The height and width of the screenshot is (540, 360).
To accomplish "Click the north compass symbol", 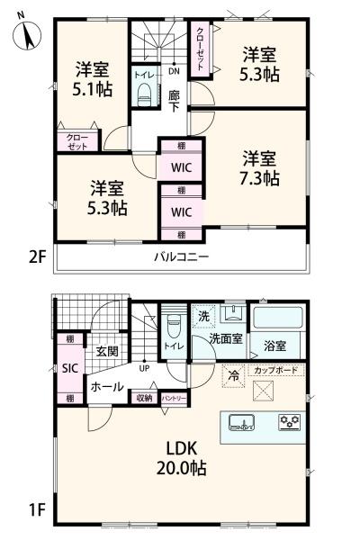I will coord(28,36).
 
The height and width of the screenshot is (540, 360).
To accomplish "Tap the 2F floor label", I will coord(36,256).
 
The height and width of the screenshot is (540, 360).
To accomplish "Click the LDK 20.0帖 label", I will coord(185,459).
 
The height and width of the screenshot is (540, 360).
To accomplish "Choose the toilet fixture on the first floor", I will coord(174,324).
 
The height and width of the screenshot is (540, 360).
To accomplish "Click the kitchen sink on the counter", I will coord(242,421).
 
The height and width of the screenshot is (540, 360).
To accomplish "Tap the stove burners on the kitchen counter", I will coord(288,420).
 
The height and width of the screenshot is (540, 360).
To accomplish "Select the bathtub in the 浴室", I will coord(277,319).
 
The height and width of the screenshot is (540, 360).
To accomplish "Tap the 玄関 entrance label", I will coord(106,351).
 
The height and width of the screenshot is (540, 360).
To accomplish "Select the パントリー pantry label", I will coord(174,397).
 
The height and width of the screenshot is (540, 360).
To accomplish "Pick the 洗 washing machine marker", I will coord(204,316).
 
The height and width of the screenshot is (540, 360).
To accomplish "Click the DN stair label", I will coord(175,70).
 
